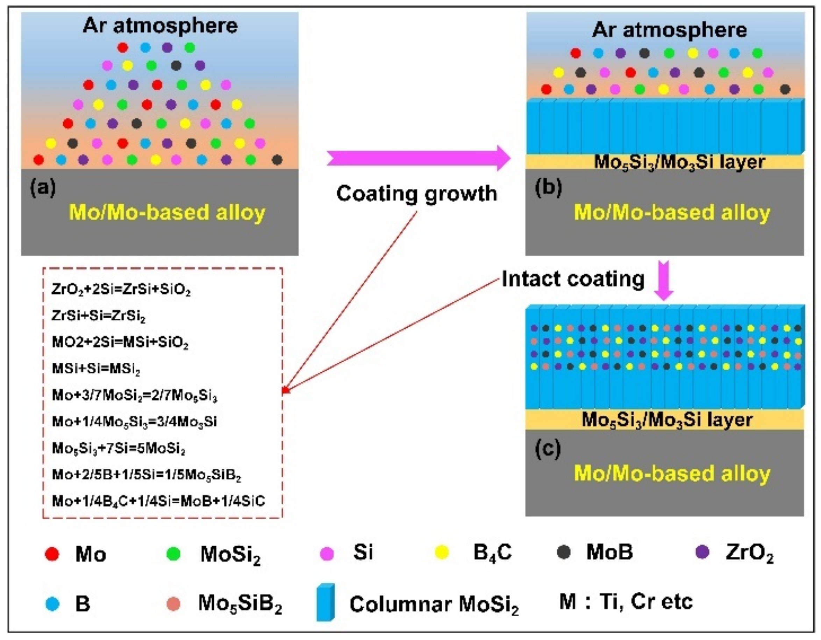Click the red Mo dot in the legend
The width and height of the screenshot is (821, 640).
tap(52, 554)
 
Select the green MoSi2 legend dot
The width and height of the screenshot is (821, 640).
tap(173, 554)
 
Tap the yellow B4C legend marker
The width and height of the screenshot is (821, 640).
tap(442, 552)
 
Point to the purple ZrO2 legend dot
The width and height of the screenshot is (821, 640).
tap(702, 552)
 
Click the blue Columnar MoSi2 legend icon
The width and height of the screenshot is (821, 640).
tap(325, 602)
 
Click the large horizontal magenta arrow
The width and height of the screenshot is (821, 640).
tap(417, 158)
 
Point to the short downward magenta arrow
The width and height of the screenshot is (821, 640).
tap(664, 280)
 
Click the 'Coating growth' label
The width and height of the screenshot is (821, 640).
tap(416, 194)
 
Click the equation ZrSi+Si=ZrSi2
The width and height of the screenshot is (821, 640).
tap(99, 316)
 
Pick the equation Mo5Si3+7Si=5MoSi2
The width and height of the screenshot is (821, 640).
tap(119, 448)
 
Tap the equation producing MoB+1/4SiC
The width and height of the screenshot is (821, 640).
tap(158, 501)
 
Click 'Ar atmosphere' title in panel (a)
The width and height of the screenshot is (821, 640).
tap(160, 26)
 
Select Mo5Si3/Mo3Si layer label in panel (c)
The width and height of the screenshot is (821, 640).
tap(667, 420)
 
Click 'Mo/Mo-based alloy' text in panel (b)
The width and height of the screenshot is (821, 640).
tap(672, 212)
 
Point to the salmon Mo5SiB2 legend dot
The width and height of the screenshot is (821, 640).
tap(173, 604)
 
